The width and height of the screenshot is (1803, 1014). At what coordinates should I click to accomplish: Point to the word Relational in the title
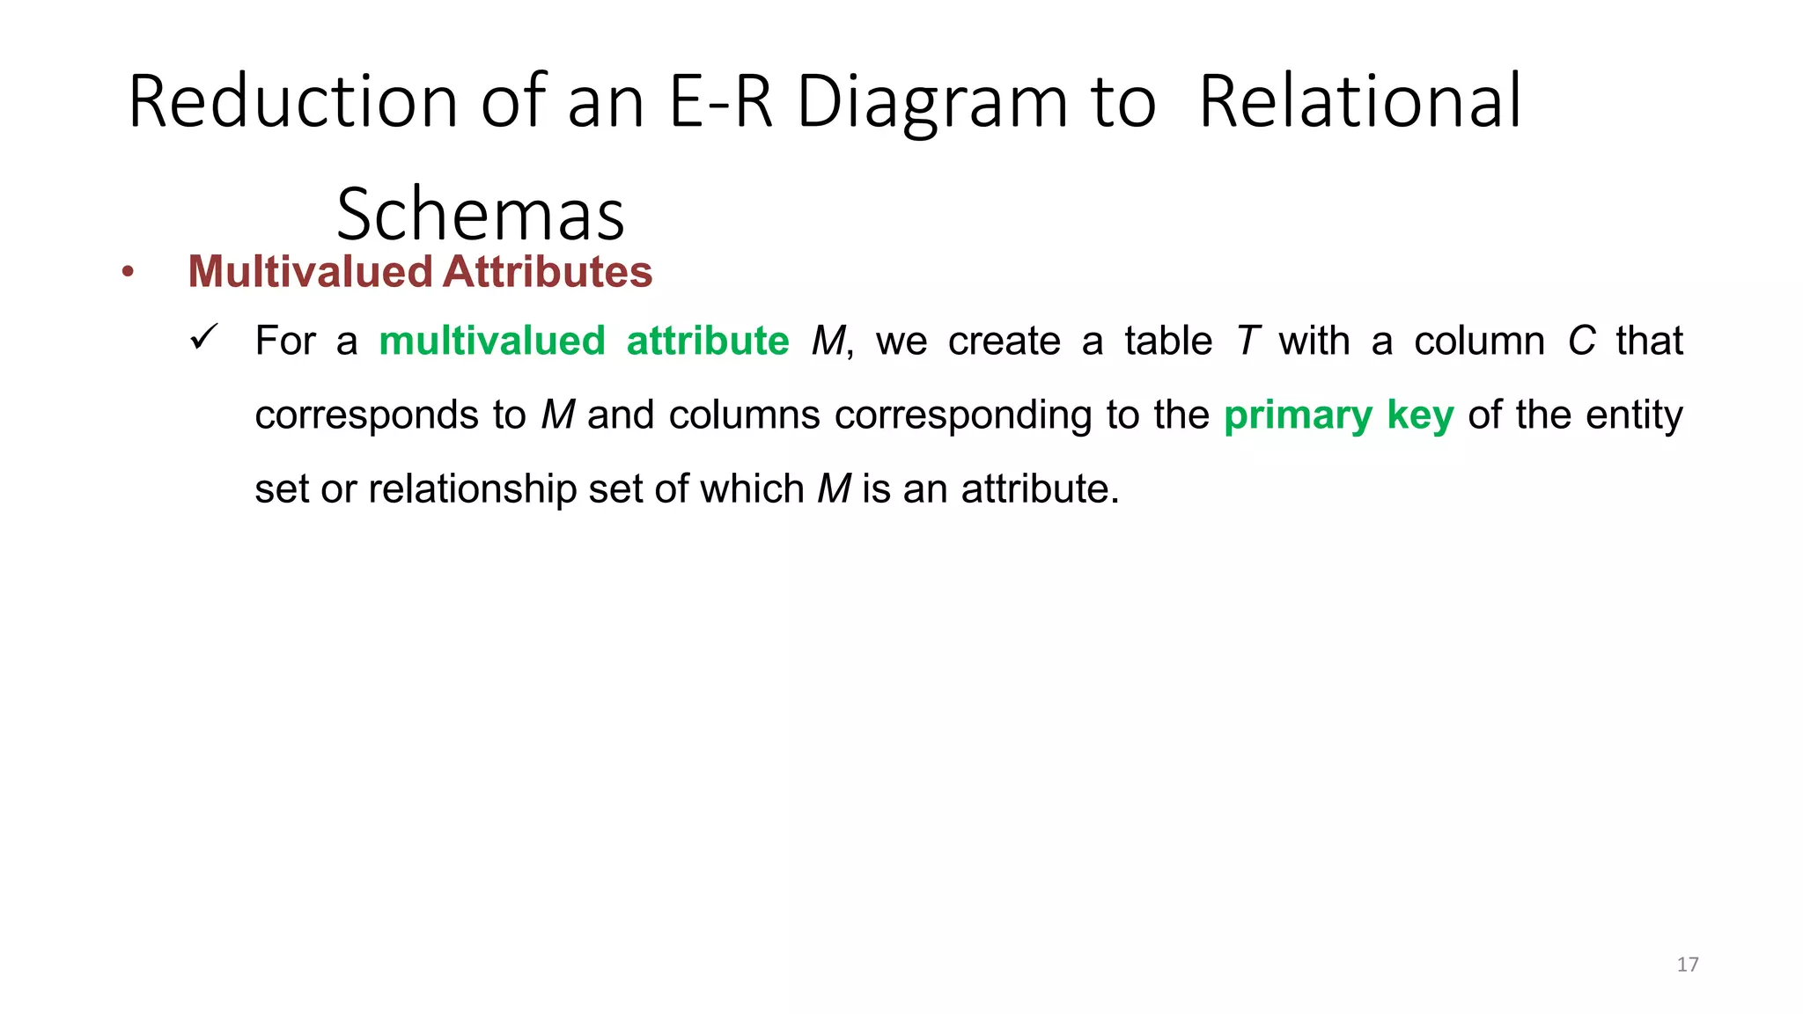point(1360,102)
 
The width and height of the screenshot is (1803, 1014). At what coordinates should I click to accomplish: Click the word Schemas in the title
point(481,215)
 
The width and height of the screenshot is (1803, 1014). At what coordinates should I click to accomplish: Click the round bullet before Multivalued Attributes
point(129,273)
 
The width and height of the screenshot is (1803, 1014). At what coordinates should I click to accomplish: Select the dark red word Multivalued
point(310,271)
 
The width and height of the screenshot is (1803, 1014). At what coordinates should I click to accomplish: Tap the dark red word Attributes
point(548,271)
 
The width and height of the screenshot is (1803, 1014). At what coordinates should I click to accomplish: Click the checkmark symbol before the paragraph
point(203,337)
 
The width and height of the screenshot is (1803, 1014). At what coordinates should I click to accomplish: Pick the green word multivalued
point(492,342)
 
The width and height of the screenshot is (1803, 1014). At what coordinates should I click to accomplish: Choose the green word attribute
point(708,342)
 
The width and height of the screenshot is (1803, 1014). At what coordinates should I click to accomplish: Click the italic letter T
point(1247,342)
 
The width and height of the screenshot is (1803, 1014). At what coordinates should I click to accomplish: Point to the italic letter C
point(1581,342)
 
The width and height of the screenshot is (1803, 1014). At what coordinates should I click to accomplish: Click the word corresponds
point(366,415)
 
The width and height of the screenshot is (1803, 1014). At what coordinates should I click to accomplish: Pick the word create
point(1004,342)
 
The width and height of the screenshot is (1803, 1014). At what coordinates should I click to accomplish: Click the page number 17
point(1687,965)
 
